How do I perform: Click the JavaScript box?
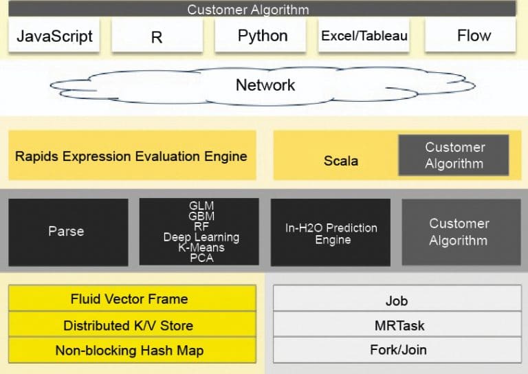pyautogui.click(x=54, y=36)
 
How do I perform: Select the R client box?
pyautogui.click(x=157, y=36)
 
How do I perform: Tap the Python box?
pyautogui.click(x=262, y=36)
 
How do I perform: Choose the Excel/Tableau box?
pyautogui.click(x=365, y=36)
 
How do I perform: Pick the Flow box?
pyautogui.click(x=474, y=36)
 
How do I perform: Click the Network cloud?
pyautogui.click(x=265, y=85)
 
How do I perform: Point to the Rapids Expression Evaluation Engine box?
pyautogui.click(x=131, y=156)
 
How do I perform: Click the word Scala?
pyautogui.click(x=341, y=161)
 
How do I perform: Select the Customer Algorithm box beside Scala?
pyautogui.click(x=454, y=155)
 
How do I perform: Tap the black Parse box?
pyautogui.click(x=67, y=232)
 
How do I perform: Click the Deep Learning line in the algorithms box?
pyautogui.click(x=201, y=237)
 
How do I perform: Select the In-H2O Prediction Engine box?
pyautogui.click(x=331, y=232)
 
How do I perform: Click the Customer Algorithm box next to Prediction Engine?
pyautogui.click(x=458, y=232)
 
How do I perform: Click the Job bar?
pyautogui.click(x=397, y=300)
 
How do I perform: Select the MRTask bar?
pyautogui.click(x=397, y=325)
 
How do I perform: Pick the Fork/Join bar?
pyautogui.click(x=397, y=349)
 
